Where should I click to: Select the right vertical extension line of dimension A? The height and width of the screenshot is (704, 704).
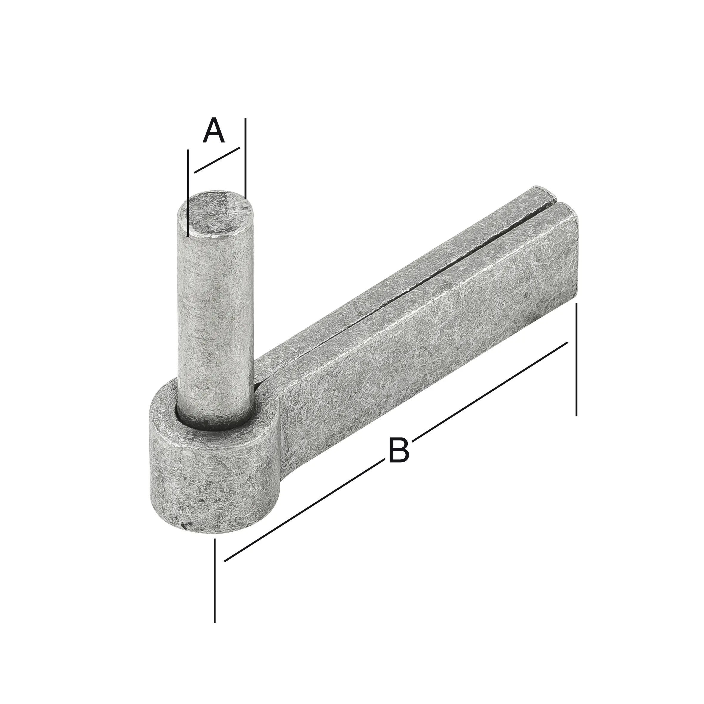point(245,157)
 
